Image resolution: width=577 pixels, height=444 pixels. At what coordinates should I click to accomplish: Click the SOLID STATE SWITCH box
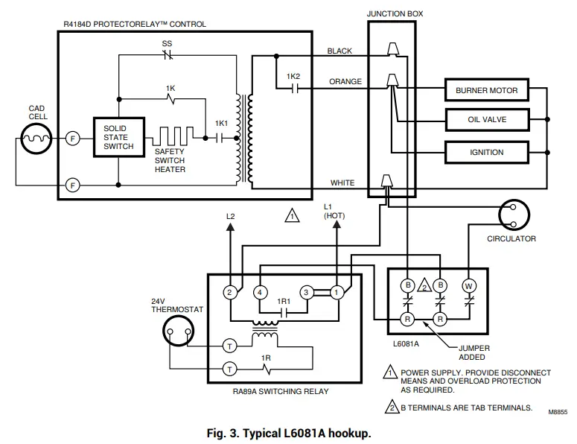(x=119, y=137)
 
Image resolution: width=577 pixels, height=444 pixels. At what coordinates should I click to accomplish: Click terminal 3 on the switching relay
(x=305, y=292)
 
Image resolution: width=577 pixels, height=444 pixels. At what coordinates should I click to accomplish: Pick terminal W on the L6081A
(x=469, y=285)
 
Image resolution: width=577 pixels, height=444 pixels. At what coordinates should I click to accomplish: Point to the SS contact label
(x=167, y=44)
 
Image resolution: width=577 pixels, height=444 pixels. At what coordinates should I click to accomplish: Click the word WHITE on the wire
(x=342, y=183)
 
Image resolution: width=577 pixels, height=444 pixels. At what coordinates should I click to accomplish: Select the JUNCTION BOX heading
(x=393, y=13)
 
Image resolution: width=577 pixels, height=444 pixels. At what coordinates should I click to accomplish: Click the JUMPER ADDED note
(x=472, y=352)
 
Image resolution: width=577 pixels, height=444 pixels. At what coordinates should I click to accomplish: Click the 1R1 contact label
(x=283, y=301)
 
